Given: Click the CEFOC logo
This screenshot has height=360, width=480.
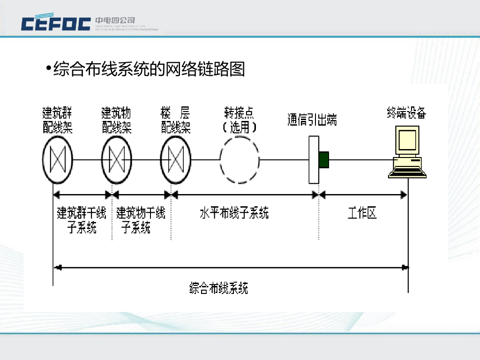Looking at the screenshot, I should pyautogui.click(x=56, y=23).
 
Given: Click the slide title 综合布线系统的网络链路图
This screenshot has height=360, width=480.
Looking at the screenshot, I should pyautogui.click(x=149, y=69).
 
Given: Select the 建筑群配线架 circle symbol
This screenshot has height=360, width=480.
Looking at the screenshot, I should pyautogui.click(x=57, y=160).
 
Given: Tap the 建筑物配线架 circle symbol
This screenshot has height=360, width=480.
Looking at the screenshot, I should pyautogui.click(x=116, y=160).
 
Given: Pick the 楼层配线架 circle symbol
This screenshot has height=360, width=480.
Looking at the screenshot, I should pyautogui.click(x=175, y=160).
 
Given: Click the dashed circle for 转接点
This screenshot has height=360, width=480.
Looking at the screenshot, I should pyautogui.click(x=240, y=160).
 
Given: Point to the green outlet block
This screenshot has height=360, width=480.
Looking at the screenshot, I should pyautogui.click(x=324, y=160).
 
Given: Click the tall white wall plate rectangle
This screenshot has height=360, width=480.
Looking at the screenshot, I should pyautogui.click(x=314, y=160).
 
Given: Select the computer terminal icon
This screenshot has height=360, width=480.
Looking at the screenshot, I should pyautogui.click(x=407, y=153).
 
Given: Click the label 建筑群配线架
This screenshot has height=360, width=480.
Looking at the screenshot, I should pyautogui.click(x=58, y=120).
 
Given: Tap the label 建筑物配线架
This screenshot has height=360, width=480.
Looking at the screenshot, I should pyautogui.click(x=116, y=120).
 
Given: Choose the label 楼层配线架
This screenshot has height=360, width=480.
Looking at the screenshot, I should pyautogui.click(x=176, y=120).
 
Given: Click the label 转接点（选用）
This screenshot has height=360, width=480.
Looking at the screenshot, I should pyautogui.click(x=240, y=120).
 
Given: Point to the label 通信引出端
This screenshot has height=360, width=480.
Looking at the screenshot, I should pyautogui.click(x=312, y=120).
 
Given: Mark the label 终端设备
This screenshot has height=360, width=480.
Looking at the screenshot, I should pyautogui.click(x=406, y=113).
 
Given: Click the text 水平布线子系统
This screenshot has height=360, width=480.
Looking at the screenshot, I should pyautogui.click(x=234, y=213).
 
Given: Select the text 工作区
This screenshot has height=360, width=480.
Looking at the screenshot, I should pyautogui.click(x=362, y=213).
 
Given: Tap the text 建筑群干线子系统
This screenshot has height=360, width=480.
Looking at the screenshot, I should pyautogui.click(x=82, y=220).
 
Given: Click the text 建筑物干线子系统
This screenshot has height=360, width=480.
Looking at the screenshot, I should pyautogui.click(x=141, y=220).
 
